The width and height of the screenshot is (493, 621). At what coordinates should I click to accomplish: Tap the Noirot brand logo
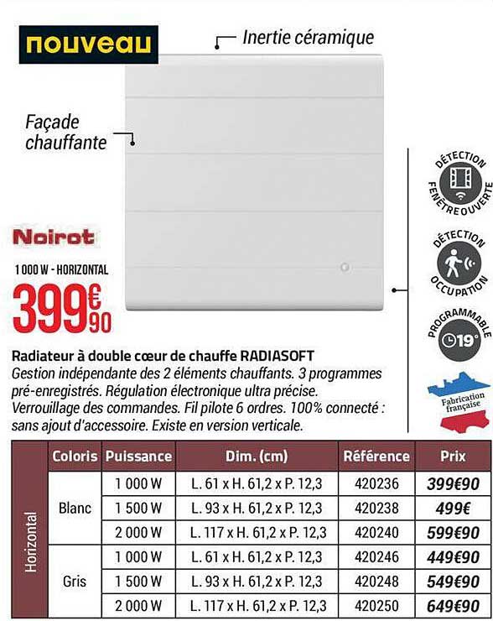tap(54, 237)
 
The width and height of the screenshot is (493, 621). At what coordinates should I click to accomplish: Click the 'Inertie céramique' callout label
tap(308, 37)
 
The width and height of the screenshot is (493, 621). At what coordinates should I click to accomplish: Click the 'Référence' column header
tap(377, 457)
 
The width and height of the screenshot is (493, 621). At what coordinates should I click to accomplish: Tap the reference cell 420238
tap(377, 508)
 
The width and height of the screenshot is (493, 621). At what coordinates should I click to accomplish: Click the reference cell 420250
tap(377, 605)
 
